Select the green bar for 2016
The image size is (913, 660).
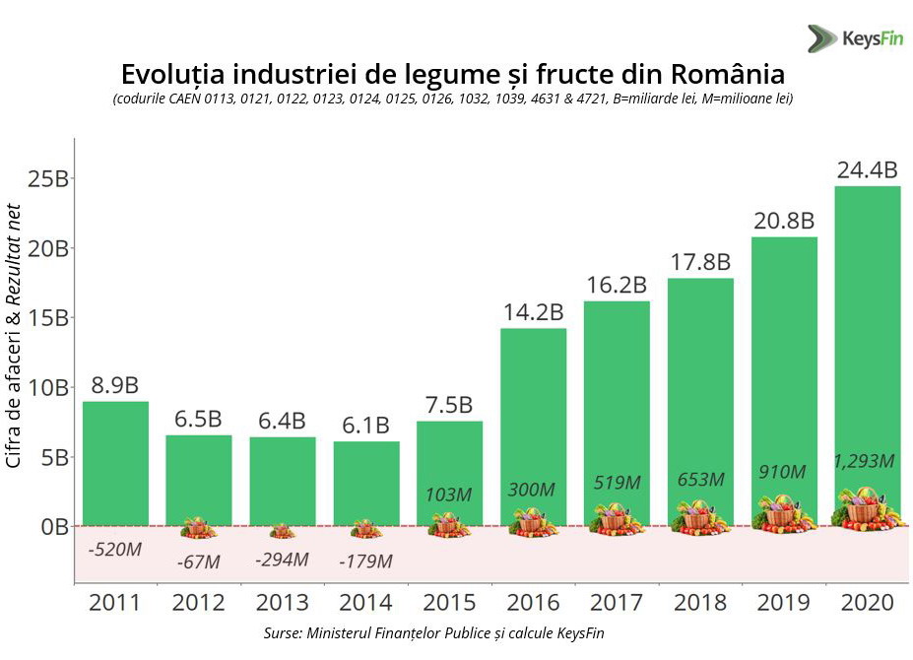(x=533, y=414)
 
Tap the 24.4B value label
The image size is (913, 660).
(x=867, y=170)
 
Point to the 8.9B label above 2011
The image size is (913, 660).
(x=115, y=385)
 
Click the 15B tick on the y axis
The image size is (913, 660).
(x=48, y=318)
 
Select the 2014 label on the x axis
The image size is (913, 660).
(x=365, y=602)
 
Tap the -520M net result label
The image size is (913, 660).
(x=114, y=550)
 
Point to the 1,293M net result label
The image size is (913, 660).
(x=865, y=460)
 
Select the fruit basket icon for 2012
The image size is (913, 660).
(x=198, y=528)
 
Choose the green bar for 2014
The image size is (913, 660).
(x=365, y=483)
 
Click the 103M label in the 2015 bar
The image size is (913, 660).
(x=450, y=495)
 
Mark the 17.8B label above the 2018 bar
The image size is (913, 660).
(x=699, y=262)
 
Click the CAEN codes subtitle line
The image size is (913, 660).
(x=453, y=99)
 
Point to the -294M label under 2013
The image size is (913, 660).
(x=282, y=560)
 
